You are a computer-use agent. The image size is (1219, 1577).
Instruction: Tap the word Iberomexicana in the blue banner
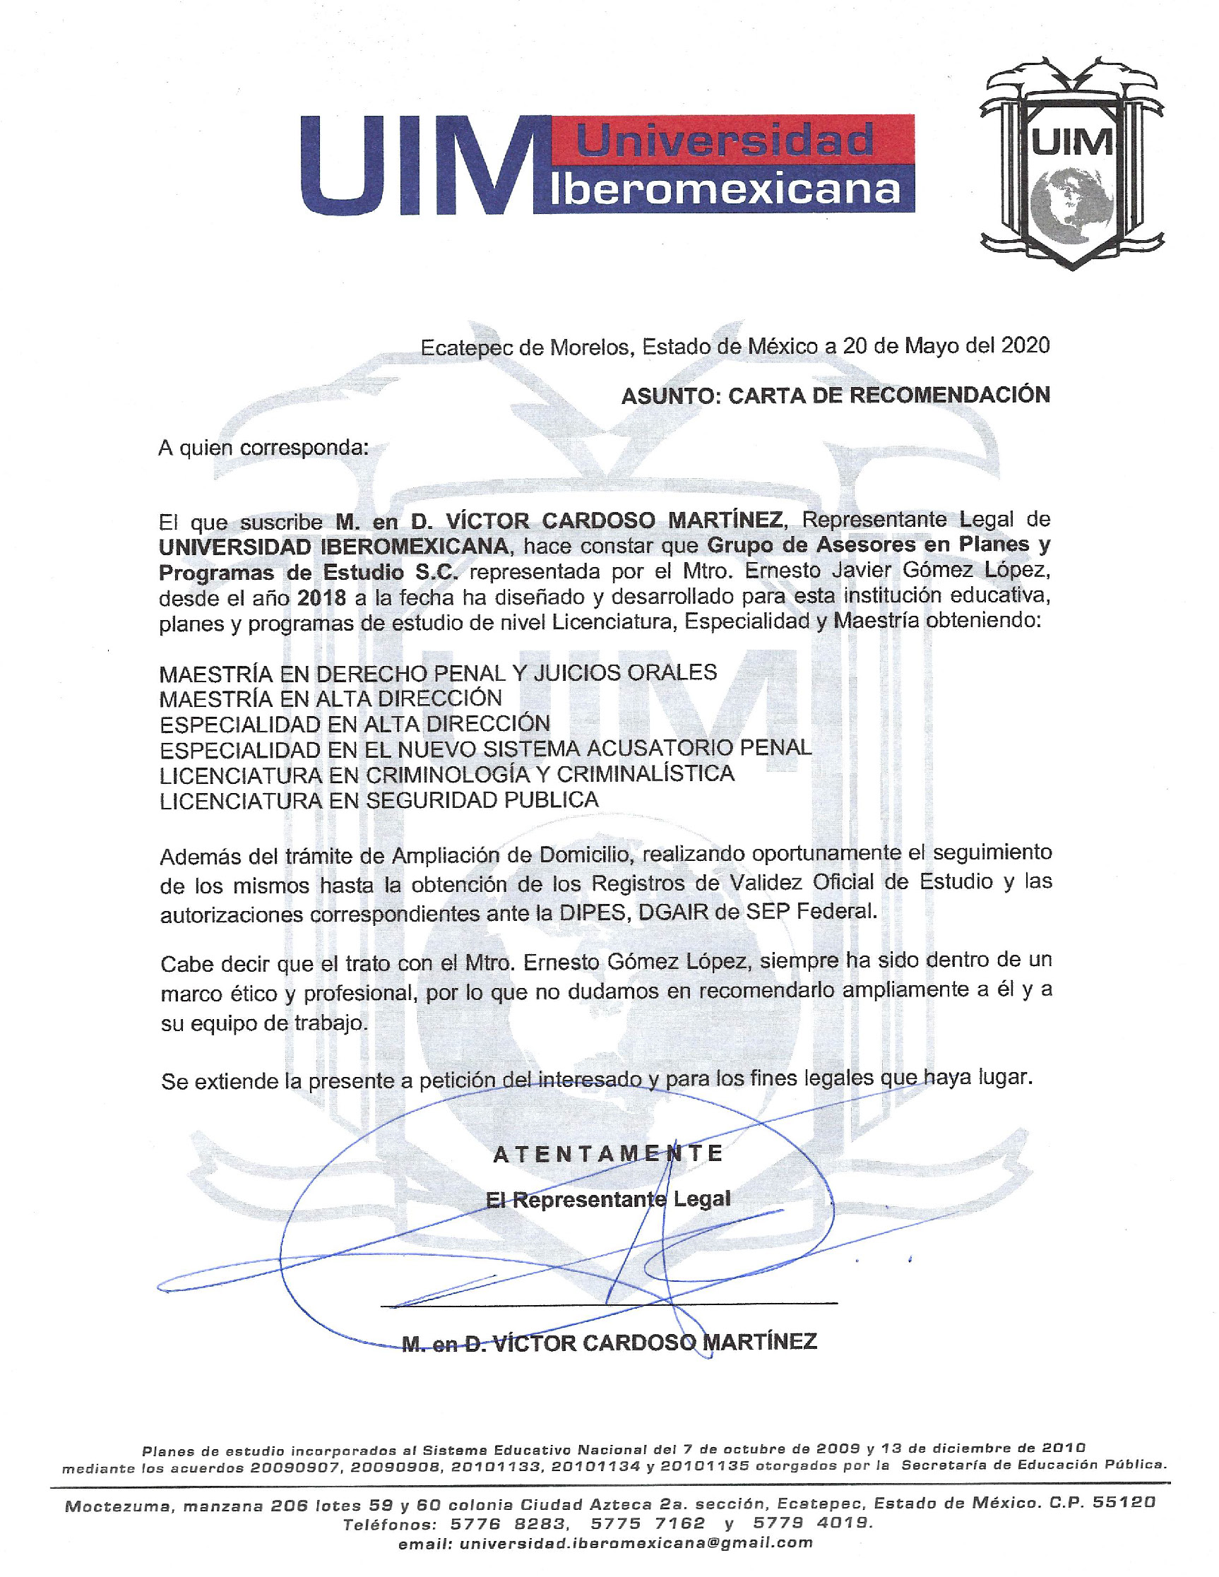pos(725,190)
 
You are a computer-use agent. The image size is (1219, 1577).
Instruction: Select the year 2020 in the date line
pos(1025,345)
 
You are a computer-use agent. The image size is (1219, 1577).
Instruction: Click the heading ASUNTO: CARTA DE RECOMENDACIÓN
pos(835,395)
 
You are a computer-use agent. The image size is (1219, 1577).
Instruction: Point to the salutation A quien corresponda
pos(263,448)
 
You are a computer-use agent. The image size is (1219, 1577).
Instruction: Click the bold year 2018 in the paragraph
pos(321,598)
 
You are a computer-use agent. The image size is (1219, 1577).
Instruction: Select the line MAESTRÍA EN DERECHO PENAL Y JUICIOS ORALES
pos(438,673)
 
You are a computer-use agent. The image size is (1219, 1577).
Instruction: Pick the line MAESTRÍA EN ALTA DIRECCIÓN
pos(330,698)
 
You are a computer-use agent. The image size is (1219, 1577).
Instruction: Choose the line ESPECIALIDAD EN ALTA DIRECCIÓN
pos(355,723)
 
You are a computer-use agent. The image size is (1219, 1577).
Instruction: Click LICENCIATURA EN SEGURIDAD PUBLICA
pos(379,800)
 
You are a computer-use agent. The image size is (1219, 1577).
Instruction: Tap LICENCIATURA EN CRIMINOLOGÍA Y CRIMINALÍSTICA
pos(446,774)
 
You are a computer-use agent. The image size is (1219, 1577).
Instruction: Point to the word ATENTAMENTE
pos(608,1154)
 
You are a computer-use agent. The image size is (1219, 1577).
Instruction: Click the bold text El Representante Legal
pos(608,1199)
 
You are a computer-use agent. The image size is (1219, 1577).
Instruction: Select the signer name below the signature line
pos(609,1343)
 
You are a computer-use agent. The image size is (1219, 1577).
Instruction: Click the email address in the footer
pos(636,1543)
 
